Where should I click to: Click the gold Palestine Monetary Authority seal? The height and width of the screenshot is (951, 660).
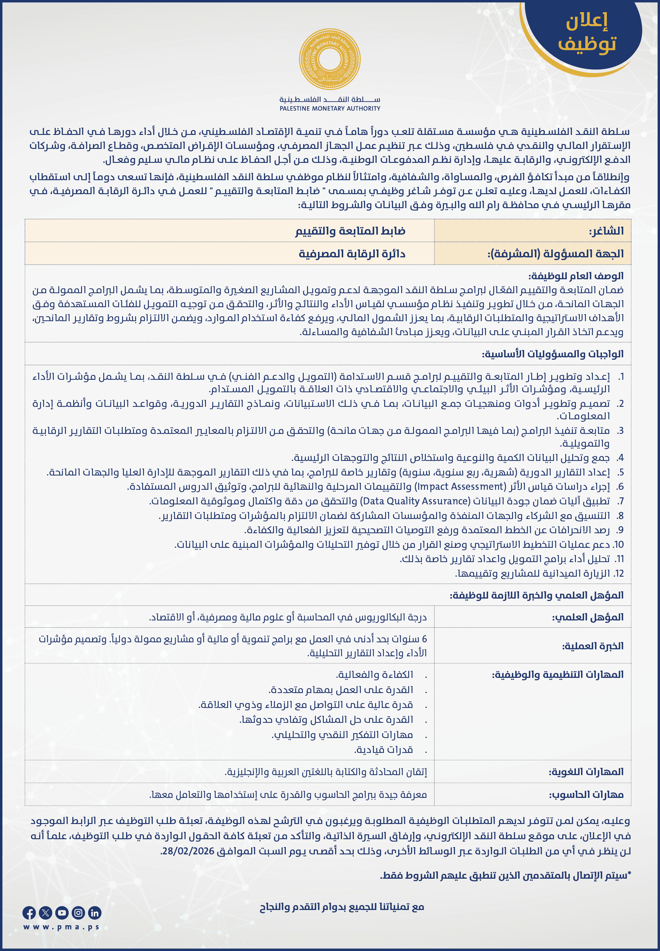click(x=330, y=59)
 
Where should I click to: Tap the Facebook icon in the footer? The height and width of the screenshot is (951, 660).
click(x=29, y=912)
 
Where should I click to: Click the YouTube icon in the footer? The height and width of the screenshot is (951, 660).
click(x=62, y=912)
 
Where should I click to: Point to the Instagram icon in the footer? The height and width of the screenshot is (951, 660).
click(x=78, y=912)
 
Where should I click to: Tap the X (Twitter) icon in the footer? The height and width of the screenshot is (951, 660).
click(x=46, y=912)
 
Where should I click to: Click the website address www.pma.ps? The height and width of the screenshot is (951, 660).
click(x=62, y=927)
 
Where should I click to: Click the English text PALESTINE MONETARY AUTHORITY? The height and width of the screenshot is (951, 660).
click(x=330, y=108)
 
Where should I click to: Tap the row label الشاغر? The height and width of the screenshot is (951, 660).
click(x=606, y=231)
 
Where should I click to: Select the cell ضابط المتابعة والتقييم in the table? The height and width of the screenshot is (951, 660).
click(x=350, y=231)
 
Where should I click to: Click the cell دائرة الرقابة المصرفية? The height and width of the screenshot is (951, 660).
click(x=352, y=254)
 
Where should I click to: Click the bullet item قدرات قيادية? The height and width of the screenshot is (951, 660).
click(x=383, y=750)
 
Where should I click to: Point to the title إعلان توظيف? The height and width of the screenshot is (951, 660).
click(x=587, y=32)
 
